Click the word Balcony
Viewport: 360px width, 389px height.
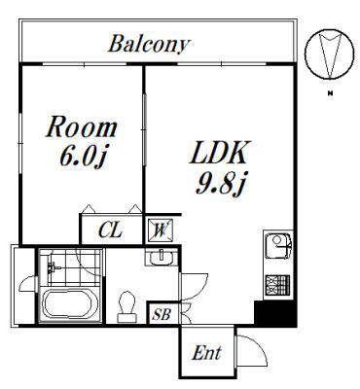tap(149, 44)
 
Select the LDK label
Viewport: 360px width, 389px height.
tap(220, 152)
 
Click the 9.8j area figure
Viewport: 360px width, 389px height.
tap(220, 184)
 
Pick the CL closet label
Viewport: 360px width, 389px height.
tap(111, 230)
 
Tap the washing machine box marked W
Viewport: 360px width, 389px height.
tap(161, 230)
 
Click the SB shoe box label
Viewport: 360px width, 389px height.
tap(162, 314)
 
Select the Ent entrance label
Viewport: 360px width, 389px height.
tap(206, 352)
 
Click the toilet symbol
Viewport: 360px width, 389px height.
tap(126, 307)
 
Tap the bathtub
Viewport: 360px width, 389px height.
tap(71, 303)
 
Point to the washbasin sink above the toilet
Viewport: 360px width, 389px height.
tap(162, 257)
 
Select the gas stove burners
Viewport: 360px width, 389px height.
tap(277, 285)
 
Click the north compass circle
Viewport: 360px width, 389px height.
tap(329, 54)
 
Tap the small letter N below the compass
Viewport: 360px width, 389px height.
tap(331, 94)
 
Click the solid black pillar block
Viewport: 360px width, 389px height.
tap(275, 314)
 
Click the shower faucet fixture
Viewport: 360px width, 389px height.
tap(52, 266)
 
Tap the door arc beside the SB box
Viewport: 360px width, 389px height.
tap(186, 313)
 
